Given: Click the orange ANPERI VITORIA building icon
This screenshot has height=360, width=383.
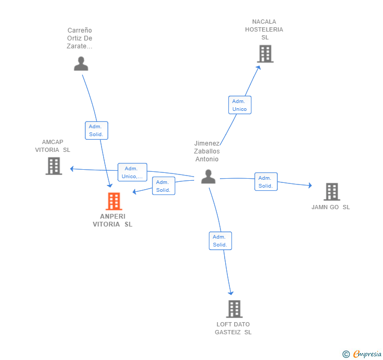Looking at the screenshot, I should (114, 201).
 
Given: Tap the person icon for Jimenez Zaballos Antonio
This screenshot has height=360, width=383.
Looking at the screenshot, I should (208, 177).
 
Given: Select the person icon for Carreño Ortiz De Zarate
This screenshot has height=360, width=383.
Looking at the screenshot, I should (81, 64).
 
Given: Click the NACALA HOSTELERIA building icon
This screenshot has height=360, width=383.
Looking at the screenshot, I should (265, 54).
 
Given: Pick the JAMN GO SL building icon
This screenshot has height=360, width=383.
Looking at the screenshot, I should (331, 192).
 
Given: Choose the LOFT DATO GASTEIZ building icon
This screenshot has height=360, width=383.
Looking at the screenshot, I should (234, 309).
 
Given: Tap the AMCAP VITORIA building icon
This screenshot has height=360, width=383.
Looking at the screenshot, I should (54, 166).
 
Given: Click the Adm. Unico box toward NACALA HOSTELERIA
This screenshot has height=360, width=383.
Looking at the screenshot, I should (239, 105).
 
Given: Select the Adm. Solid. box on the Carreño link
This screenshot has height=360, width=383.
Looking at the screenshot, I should (96, 130).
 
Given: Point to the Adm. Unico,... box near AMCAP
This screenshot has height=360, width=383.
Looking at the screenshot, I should (132, 172).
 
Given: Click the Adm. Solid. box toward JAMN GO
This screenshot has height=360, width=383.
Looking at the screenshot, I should (266, 182).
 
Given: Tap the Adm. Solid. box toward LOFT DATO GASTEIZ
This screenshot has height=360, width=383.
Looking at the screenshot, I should (220, 241).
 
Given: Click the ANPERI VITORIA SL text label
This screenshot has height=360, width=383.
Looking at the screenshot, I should (113, 220).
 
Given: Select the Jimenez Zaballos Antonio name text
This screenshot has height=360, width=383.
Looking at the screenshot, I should (207, 151).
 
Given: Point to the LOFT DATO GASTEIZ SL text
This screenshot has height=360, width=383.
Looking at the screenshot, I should (233, 328).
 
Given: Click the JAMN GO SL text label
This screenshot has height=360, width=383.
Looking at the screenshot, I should (330, 207).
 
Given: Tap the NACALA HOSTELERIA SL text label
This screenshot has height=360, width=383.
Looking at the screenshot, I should (264, 29).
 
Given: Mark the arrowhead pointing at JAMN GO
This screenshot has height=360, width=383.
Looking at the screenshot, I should (310, 185).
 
